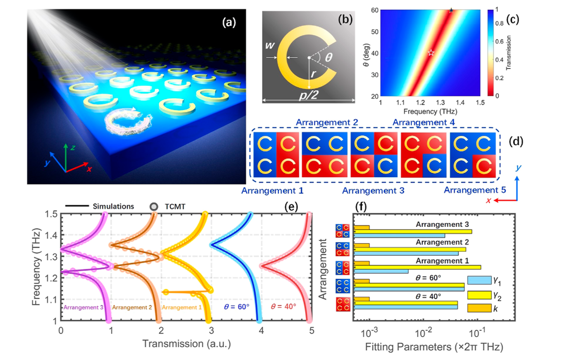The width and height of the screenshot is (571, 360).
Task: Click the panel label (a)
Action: pos(229,23)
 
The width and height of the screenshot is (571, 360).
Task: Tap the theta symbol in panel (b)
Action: pos(328,57)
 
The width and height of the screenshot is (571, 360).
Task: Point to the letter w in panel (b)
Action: pos(270,45)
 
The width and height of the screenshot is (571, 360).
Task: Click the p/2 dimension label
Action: pos(309,95)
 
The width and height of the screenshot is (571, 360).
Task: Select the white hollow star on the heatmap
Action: pos(431,53)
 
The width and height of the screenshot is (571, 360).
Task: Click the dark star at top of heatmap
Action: pos(451,10)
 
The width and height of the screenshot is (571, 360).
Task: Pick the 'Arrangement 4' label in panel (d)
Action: pos(424,122)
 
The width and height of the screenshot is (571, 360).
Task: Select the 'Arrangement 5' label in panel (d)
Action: pos(475,190)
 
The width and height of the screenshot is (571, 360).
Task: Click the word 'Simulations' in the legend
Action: pos(113,206)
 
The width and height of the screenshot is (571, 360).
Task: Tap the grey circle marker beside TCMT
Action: pos(154,207)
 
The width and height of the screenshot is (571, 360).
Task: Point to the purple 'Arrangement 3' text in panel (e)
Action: pos(83,307)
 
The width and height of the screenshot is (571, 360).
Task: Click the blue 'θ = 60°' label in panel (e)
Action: pos(237,307)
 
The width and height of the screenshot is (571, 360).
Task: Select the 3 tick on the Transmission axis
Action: pos(211,331)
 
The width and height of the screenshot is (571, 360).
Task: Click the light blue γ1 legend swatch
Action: pos(479,280)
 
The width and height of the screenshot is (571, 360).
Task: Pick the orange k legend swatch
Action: pos(479,308)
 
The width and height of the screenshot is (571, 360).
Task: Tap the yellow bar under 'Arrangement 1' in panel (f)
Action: pos(417,267)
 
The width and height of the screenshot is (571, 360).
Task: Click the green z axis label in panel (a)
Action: pos(73,148)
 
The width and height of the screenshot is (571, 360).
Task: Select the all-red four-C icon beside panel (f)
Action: pos(343,304)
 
